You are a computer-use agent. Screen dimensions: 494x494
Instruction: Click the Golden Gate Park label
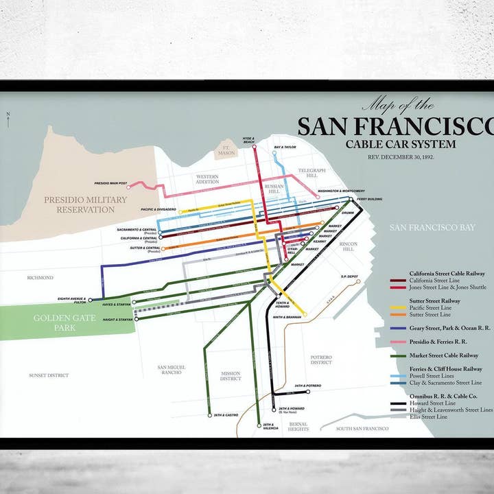pyautogui.click(x=65, y=323)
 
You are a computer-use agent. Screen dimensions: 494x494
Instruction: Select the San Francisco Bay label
pyautogui.click(x=432, y=227)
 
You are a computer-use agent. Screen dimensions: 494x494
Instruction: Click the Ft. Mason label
pyautogui.click(x=224, y=150)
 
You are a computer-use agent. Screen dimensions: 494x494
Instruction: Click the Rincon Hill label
pyautogui.click(x=349, y=246)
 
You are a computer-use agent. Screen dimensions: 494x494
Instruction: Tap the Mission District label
pyautogui.click(x=231, y=376)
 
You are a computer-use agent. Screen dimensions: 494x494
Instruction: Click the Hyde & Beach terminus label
pyautogui.click(x=248, y=140)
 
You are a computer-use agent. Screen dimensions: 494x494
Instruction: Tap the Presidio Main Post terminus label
pyautogui.click(x=110, y=183)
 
